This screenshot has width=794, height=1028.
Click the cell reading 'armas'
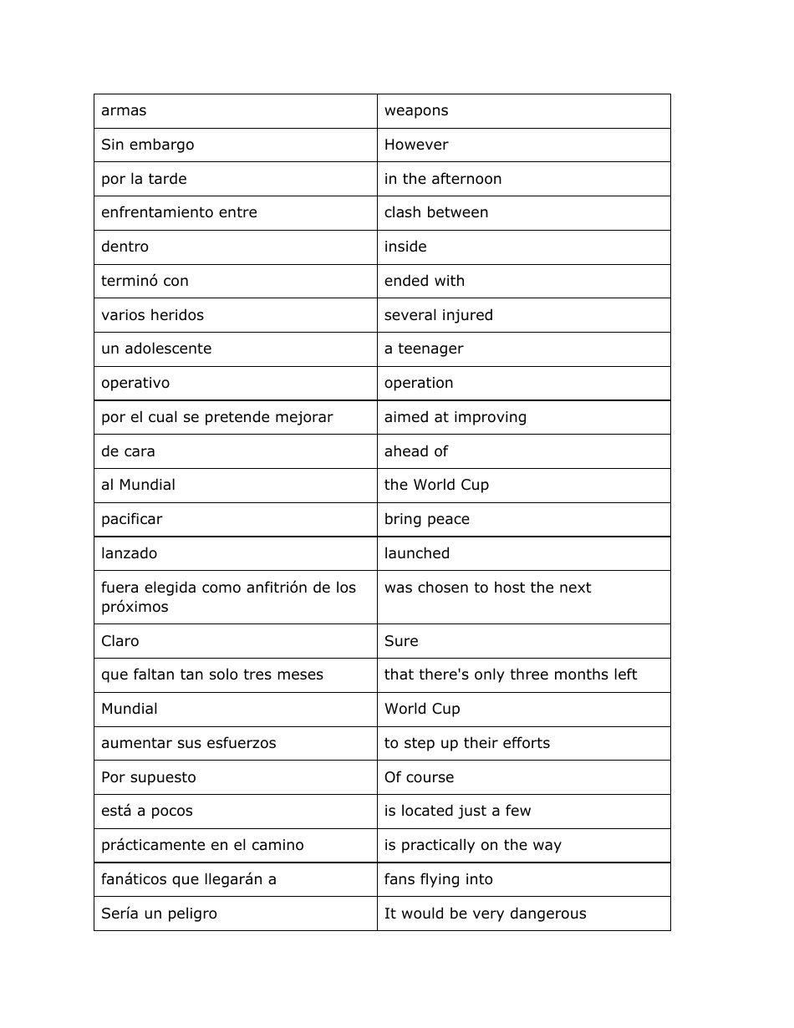pos(124,111)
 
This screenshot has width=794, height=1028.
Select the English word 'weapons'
pos(416,111)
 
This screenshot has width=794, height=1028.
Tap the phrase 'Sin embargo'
pos(147,145)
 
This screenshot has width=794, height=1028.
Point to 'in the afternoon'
pos(443,179)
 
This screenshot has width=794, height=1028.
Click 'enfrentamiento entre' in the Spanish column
pos(179,213)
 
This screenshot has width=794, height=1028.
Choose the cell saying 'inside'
pos(405,247)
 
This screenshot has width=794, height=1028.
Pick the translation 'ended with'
pos(425,282)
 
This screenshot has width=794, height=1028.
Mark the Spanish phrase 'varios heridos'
pos(152,315)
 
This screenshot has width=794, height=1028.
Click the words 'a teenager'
pos(424,349)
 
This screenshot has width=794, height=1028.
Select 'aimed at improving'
pos(456,417)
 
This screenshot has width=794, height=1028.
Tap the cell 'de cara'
pos(128,451)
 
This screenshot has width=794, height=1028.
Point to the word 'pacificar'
pos(132,519)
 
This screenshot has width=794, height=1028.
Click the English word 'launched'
pos(417,553)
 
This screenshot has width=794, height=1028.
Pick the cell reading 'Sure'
pos(401,641)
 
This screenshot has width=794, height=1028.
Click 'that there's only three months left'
pos(511,674)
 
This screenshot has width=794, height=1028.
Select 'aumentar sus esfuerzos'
pos(188,743)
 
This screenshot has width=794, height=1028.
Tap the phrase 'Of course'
pos(419,777)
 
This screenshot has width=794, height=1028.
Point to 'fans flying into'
pos(439,879)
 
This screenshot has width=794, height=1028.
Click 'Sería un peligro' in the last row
pos(159,913)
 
